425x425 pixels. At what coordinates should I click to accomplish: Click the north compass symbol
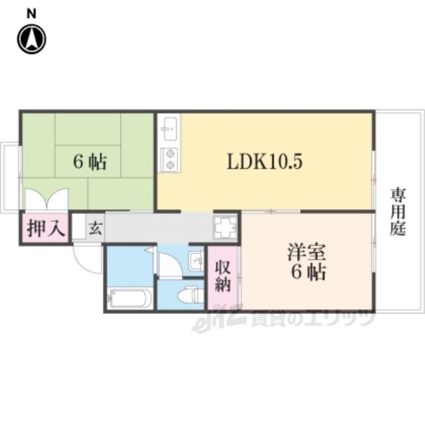click(32, 39)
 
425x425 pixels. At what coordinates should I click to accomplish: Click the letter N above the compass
click(31, 13)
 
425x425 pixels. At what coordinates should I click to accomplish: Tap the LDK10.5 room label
click(264, 161)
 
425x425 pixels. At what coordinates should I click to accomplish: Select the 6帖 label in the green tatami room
click(90, 162)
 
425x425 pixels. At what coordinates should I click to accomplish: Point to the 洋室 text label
click(307, 252)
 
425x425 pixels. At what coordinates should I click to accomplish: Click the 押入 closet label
click(46, 228)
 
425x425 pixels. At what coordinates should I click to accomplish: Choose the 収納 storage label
click(223, 277)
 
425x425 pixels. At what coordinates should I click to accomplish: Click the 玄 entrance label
click(96, 228)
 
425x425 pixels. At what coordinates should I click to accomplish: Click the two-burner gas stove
click(170, 160)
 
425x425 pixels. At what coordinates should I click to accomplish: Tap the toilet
click(191, 294)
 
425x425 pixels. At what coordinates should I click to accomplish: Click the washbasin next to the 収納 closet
click(197, 260)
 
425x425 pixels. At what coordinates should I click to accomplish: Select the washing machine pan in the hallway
click(225, 227)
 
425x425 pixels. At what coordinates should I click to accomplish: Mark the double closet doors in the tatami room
click(46, 199)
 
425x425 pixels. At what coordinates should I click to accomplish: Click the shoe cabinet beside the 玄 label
click(79, 227)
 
